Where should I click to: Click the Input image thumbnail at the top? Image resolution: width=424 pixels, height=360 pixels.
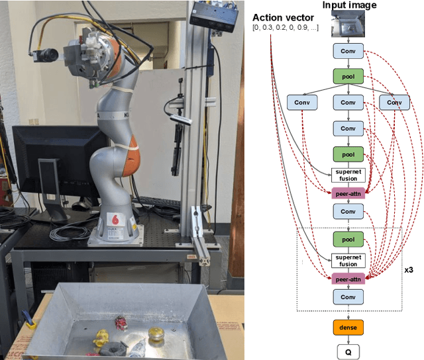click(348, 25)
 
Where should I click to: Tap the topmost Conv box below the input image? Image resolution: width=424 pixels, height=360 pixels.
click(348, 51)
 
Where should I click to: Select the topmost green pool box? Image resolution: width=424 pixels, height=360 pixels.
click(348, 77)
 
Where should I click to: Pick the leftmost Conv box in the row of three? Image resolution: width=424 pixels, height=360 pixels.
click(302, 103)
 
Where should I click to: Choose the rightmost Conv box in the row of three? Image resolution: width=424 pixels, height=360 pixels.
click(394, 103)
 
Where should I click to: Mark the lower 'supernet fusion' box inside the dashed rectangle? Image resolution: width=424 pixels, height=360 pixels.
click(348, 261)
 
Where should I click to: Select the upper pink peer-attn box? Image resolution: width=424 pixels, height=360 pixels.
click(348, 193)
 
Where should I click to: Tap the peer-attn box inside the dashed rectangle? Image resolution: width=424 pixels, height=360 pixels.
click(348, 279)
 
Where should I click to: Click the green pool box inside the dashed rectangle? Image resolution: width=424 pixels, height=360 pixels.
click(348, 239)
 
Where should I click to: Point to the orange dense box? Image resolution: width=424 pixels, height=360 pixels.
click(348, 327)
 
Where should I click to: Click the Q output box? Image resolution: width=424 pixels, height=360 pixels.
click(348, 351)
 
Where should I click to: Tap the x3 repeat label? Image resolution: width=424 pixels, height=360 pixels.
click(409, 271)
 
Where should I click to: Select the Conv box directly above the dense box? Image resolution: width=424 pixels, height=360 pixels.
click(348, 297)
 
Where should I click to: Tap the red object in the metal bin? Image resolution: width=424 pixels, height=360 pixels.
click(121, 322)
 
